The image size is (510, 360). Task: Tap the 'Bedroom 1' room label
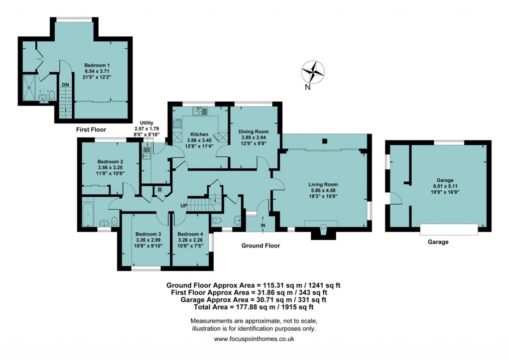coord(97,65)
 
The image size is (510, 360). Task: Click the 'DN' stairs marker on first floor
coord(65,85)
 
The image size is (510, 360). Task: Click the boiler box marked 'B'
coord(159,190)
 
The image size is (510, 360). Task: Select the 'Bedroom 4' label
coord(190,234)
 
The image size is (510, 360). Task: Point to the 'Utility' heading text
coord(146,122)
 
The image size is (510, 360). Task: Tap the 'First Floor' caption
coord(93,129)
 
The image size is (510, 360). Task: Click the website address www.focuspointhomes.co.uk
coord(254,339)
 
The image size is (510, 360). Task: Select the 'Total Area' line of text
coord(254,307)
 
